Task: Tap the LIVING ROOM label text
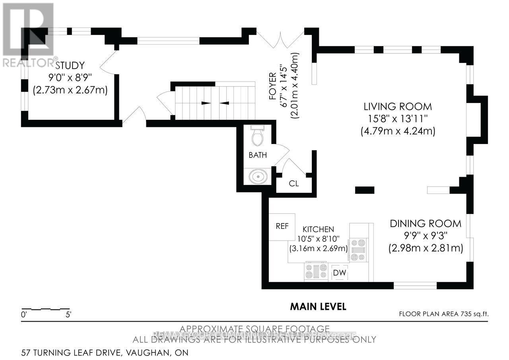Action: click(x=398, y=107)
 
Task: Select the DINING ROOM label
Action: click(x=425, y=224)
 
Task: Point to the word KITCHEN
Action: click(x=318, y=230)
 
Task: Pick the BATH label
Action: click(x=258, y=155)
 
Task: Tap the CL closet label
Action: click(x=294, y=184)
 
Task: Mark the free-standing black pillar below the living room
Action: click(x=364, y=190)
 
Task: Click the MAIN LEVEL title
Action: click(x=318, y=307)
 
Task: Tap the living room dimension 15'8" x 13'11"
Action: click(x=398, y=119)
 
